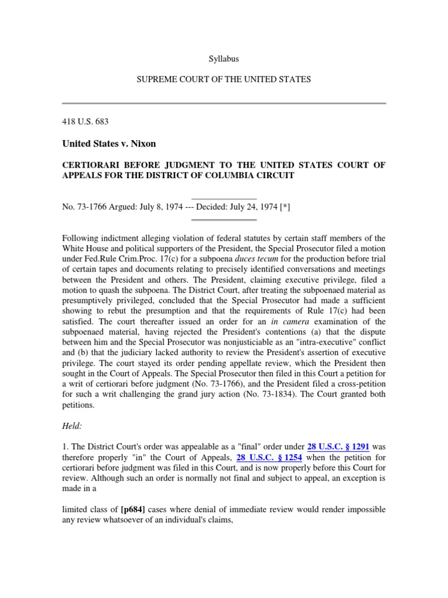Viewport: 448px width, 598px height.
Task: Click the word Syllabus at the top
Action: pyautogui.click(x=223, y=59)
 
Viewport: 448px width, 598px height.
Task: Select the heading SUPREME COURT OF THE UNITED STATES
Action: pyautogui.click(x=224, y=79)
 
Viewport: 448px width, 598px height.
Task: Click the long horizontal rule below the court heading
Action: pyautogui.click(x=224, y=103)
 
